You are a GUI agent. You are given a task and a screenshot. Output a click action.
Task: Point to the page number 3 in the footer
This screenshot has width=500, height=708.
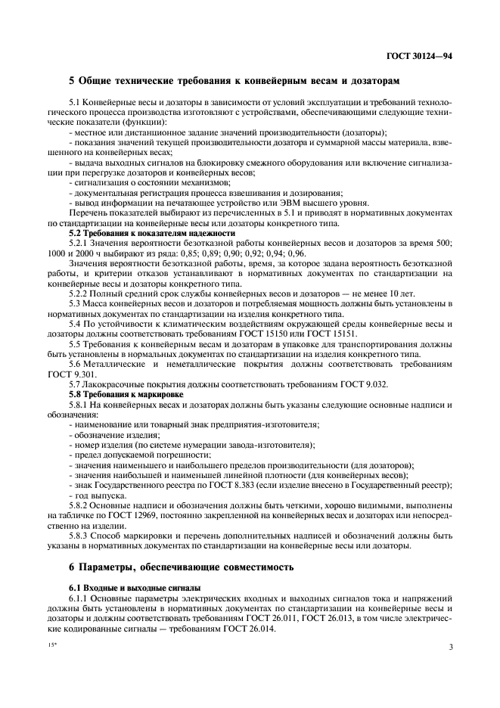point(451,647)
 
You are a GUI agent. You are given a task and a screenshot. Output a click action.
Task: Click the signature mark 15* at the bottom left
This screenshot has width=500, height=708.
point(52,647)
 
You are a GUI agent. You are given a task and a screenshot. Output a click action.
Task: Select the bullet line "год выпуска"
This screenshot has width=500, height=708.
point(94,494)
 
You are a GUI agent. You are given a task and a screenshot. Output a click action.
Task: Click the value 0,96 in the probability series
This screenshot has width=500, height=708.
point(297,253)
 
